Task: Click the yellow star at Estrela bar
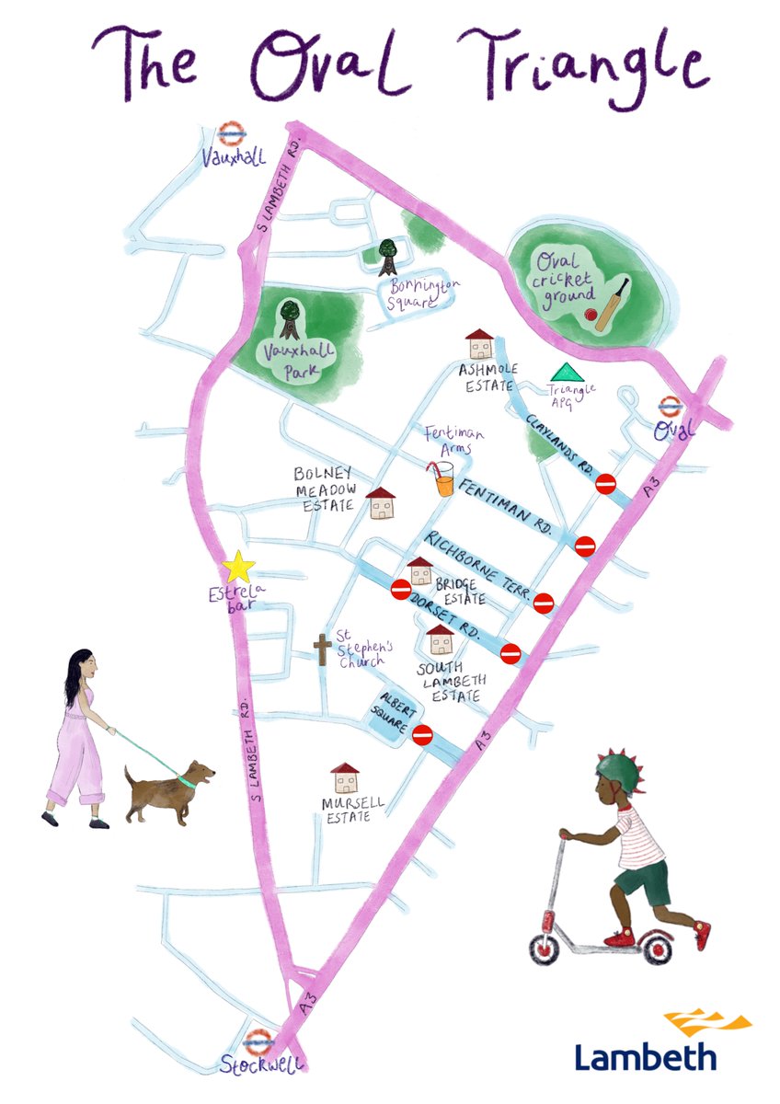point(239,567)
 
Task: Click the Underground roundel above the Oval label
point(671,405)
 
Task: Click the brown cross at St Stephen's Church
point(322,650)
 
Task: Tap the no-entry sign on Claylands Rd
point(605,485)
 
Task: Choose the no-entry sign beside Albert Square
point(423,734)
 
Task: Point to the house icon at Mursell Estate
point(345,778)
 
